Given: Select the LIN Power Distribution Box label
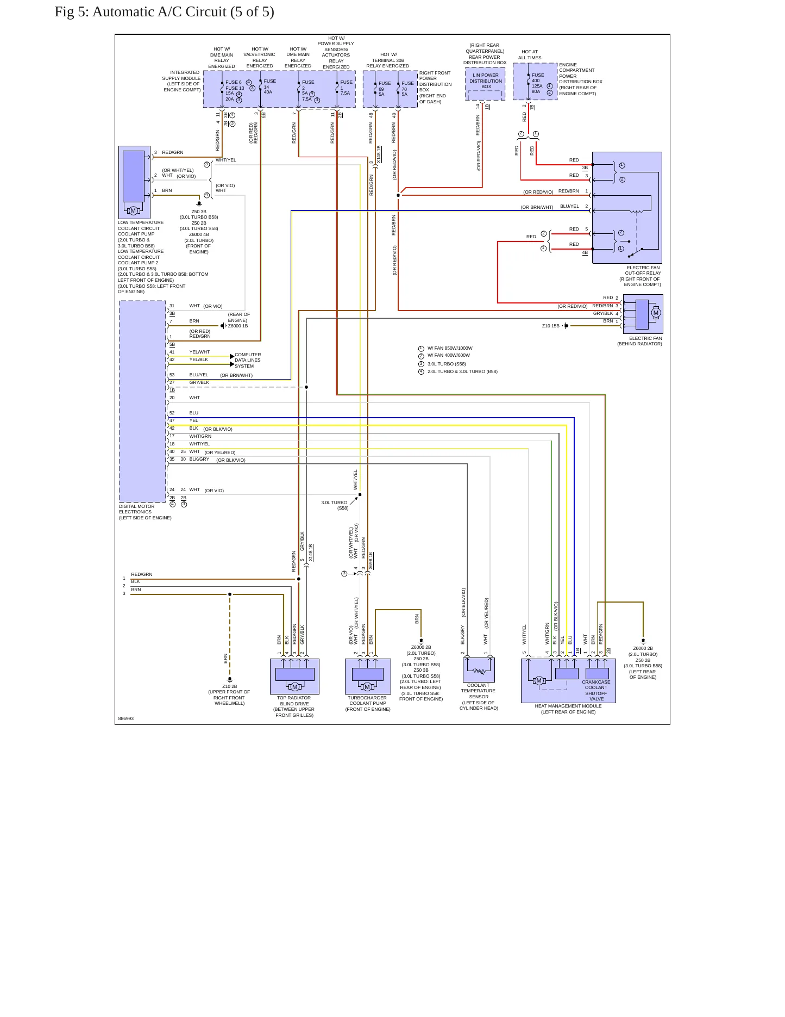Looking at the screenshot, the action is [486, 81].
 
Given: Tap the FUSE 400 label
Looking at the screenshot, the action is [537, 78].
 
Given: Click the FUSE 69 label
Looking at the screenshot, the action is [384, 86].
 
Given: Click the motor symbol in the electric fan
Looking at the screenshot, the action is [656, 313].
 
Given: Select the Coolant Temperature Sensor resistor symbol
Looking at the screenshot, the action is [479, 671].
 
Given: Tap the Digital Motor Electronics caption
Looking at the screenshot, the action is [145, 512].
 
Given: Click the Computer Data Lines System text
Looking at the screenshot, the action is [248, 360].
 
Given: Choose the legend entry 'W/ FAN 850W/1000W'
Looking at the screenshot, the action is [450, 348].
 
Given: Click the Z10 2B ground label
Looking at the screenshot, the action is [229, 686].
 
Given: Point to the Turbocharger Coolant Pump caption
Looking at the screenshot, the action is [368, 703].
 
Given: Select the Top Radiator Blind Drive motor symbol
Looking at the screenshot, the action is [295, 686].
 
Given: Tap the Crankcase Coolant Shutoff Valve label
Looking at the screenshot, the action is [596, 690].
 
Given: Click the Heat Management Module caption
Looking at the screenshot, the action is [568, 709].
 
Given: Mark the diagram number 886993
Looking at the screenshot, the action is [126, 718].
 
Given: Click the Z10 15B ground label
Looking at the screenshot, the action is [550, 326].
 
